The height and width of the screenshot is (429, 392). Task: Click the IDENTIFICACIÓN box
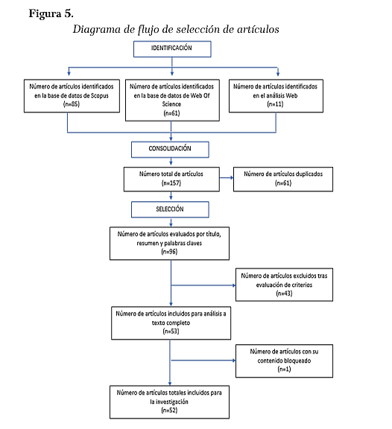(x=172, y=49)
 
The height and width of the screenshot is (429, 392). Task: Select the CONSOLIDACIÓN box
(x=170, y=150)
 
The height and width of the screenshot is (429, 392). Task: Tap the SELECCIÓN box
(x=170, y=209)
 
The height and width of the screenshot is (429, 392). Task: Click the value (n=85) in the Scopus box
(x=72, y=104)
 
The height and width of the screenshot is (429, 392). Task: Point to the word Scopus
(x=100, y=95)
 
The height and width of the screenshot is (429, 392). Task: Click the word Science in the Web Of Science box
(x=171, y=104)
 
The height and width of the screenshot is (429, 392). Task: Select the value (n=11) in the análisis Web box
(x=276, y=104)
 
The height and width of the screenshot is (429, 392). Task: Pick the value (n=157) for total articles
(x=171, y=182)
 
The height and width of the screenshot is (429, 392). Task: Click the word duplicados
(x=309, y=174)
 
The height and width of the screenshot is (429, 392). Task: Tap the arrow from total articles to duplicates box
(x=227, y=178)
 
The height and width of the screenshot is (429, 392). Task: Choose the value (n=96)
(x=169, y=252)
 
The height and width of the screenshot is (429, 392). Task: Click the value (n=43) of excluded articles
(x=284, y=293)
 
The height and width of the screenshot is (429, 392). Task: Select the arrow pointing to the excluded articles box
(x=203, y=285)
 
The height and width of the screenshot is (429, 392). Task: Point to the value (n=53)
(x=171, y=331)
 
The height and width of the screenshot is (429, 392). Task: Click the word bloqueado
(x=297, y=360)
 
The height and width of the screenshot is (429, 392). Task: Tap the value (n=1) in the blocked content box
(x=284, y=369)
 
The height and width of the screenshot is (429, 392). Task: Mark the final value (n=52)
(x=169, y=410)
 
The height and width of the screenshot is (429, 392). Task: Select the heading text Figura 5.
(x=51, y=13)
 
